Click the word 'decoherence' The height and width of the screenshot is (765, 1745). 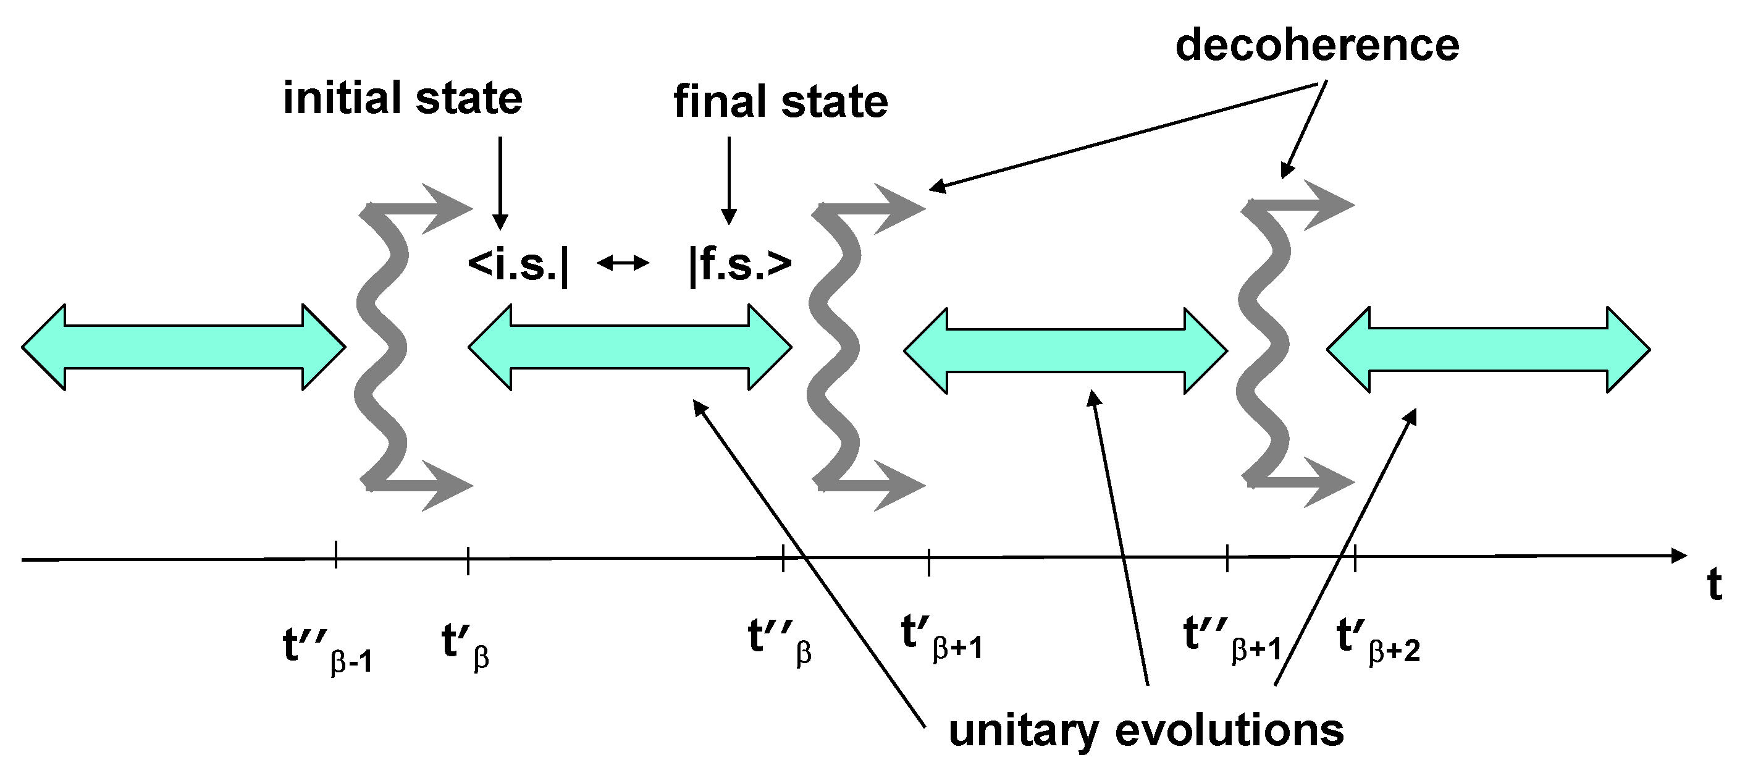tap(1317, 46)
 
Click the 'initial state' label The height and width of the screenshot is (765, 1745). tap(402, 98)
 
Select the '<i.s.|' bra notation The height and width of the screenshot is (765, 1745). tap(518, 264)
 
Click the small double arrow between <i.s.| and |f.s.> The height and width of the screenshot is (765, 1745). tap(623, 263)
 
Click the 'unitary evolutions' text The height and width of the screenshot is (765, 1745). tap(1146, 731)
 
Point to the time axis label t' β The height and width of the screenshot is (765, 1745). tap(465, 644)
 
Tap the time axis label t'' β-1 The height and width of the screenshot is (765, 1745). tap(327, 649)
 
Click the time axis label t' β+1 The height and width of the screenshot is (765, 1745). tap(941, 637)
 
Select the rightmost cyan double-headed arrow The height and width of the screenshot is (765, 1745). tap(1488, 350)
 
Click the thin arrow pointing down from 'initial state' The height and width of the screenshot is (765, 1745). tap(500, 183)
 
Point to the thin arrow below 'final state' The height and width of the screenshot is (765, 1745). tap(729, 180)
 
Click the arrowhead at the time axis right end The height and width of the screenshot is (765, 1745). tap(1679, 555)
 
